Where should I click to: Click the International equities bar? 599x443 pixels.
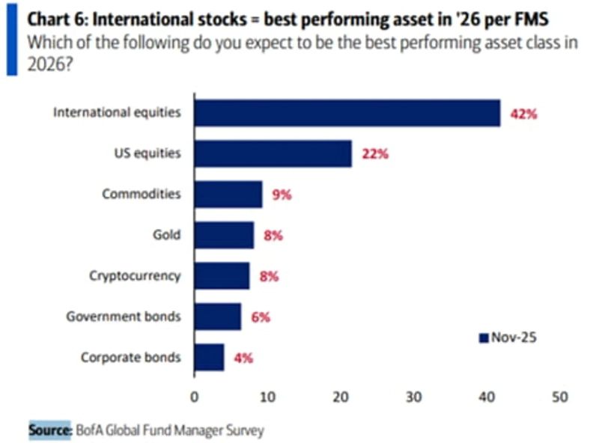[x=347, y=113]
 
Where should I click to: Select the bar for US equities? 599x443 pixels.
[x=273, y=153]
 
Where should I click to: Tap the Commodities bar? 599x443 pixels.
[x=228, y=195]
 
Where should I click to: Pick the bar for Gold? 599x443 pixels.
[x=224, y=235]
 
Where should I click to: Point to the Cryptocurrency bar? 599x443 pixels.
[x=222, y=275]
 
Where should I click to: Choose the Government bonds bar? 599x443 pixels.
[x=217, y=317]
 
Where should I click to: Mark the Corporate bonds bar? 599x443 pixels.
[x=209, y=357]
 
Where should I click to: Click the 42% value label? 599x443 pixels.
[x=524, y=114]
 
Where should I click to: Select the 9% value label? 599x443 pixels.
[x=282, y=195]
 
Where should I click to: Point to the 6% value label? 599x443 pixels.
[x=261, y=317]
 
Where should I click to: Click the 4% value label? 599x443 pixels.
[x=243, y=358]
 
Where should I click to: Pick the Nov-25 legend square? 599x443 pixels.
[x=483, y=337]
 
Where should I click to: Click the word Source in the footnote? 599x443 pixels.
[x=49, y=430]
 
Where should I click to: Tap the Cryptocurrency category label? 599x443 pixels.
[x=135, y=275]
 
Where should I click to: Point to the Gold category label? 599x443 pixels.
[x=166, y=235]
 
